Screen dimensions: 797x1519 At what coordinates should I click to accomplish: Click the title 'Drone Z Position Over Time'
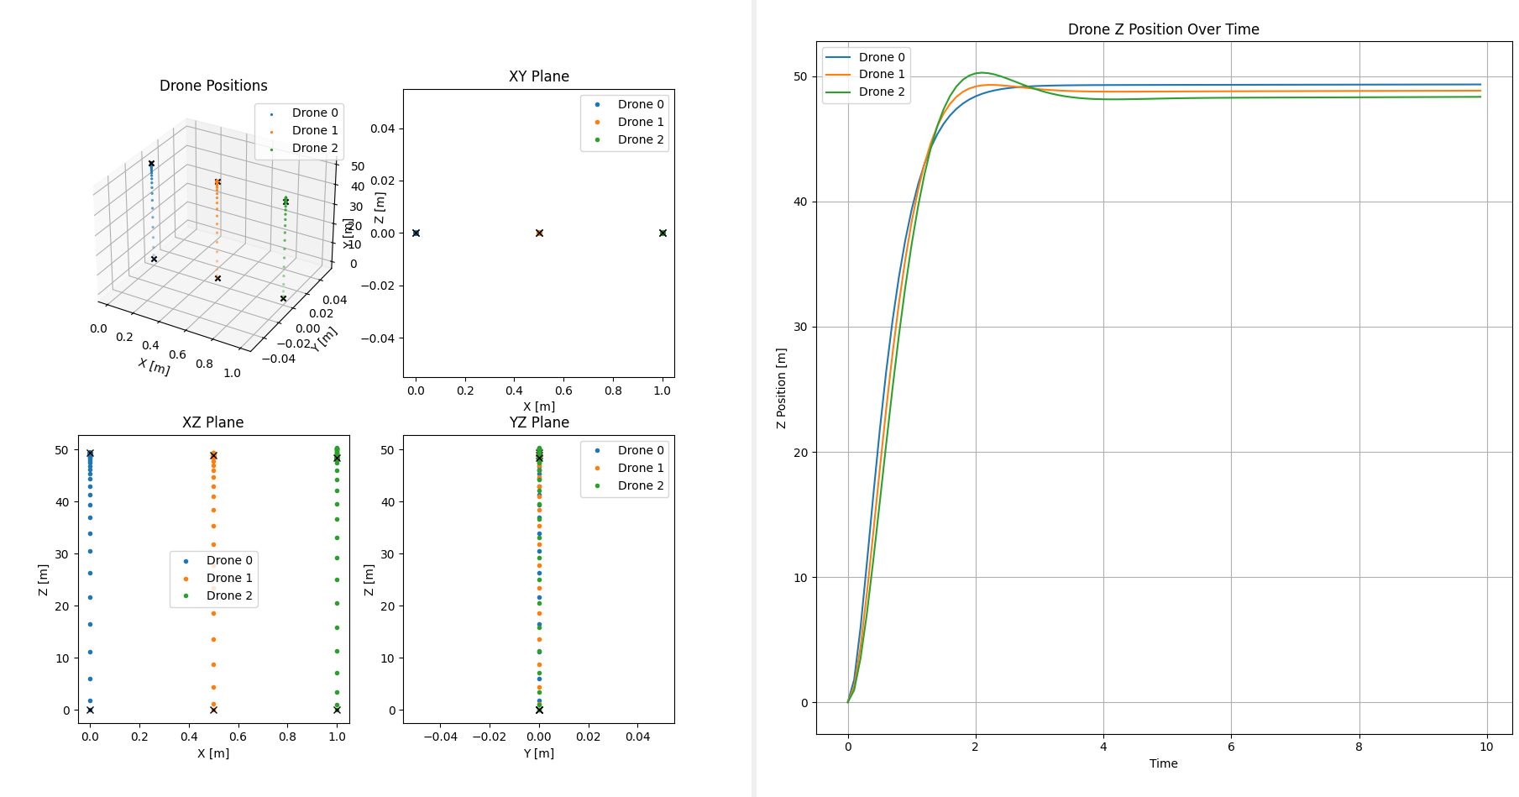[1163, 29]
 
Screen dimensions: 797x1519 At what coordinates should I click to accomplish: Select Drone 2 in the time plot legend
[881, 92]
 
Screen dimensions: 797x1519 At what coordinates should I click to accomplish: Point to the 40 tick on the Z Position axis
[800, 202]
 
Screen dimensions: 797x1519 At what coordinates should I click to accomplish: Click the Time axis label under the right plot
[1163, 763]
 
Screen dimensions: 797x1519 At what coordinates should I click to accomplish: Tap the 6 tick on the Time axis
[1231, 747]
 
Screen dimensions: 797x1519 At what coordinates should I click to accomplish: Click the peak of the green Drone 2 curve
[981, 72]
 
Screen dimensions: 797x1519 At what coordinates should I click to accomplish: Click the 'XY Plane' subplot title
[538, 76]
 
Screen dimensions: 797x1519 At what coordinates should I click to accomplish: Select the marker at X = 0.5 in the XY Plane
[539, 233]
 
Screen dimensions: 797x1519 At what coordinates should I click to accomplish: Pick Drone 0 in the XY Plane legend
[640, 104]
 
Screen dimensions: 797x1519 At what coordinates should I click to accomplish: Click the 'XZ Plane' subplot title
[212, 422]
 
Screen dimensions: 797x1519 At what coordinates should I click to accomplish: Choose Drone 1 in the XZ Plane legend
[228, 578]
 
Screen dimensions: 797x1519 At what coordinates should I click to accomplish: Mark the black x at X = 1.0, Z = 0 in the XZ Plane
[337, 710]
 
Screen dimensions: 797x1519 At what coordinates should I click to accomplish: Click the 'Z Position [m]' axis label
[781, 388]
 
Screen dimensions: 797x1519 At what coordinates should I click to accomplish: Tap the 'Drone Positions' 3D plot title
[213, 86]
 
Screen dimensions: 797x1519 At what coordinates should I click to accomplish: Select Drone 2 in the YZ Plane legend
[640, 485]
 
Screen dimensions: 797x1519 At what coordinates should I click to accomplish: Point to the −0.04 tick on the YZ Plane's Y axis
[439, 737]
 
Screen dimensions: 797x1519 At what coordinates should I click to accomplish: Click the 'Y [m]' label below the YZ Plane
[538, 753]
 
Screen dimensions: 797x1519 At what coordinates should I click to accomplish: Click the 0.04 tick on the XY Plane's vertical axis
[382, 128]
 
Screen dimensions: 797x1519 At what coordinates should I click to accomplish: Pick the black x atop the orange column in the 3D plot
[217, 181]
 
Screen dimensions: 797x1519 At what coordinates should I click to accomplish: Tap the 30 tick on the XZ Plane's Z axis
[62, 554]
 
